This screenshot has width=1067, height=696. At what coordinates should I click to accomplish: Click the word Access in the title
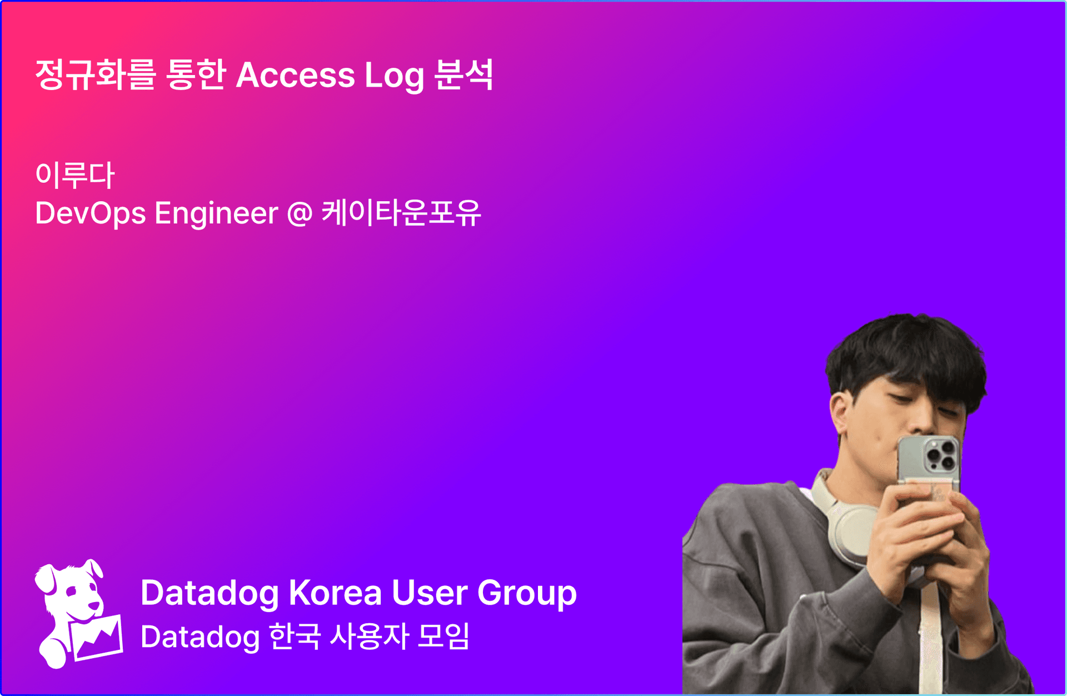pyautogui.click(x=295, y=75)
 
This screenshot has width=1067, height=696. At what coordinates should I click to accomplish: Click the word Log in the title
pyautogui.click(x=394, y=76)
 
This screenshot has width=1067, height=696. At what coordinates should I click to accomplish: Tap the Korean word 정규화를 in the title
pyautogui.click(x=95, y=74)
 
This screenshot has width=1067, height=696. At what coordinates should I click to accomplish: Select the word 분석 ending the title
pyautogui.click(x=463, y=74)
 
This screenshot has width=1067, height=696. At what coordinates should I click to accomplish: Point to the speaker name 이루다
pyautogui.click(x=75, y=175)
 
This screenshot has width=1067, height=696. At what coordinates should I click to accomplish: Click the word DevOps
pyautogui.click(x=91, y=214)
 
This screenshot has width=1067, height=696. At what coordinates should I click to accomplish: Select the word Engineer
pyautogui.click(x=216, y=214)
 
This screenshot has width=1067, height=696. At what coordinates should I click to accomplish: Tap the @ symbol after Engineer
pyautogui.click(x=300, y=214)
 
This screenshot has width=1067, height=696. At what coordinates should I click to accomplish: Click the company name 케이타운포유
pyautogui.click(x=401, y=212)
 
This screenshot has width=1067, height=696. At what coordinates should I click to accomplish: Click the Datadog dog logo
pyautogui.click(x=78, y=614)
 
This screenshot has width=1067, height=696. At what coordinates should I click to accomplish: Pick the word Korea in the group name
pyautogui.click(x=335, y=593)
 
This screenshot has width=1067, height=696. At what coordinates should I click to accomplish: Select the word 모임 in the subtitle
pyautogui.click(x=443, y=636)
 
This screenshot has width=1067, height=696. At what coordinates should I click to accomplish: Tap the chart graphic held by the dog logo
pyautogui.click(x=96, y=638)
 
